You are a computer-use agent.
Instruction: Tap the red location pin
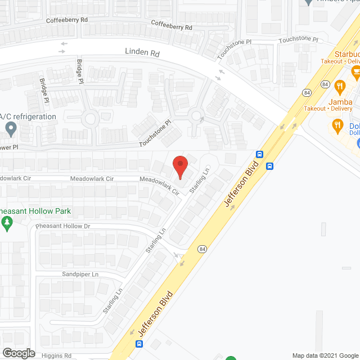coord(179,167)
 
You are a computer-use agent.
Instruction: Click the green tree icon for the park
coord(7,224)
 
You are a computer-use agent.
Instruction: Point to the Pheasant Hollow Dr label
coord(62,226)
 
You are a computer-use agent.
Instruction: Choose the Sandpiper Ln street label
coord(80,274)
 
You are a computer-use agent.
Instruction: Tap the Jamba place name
coord(341,102)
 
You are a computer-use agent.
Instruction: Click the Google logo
coord(18,353)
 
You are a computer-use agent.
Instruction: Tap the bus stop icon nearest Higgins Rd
coord(139,344)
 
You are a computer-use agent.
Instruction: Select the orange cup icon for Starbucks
coord(355,71)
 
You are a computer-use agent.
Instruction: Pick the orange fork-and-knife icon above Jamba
coord(339,87)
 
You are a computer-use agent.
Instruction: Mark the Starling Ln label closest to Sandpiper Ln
coord(112,301)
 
